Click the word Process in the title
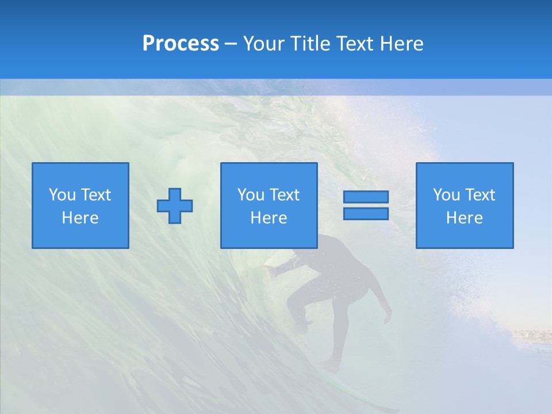[181, 44]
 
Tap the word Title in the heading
[311, 44]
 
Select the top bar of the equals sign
[366, 197]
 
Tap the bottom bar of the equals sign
[366, 214]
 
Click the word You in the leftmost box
[62, 195]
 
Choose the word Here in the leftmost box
[80, 218]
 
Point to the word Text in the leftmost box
[95, 195]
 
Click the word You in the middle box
[250, 195]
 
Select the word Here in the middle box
[269, 218]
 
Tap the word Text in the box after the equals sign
[480, 195]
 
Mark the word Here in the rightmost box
[465, 218]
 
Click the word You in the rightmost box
[446, 195]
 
